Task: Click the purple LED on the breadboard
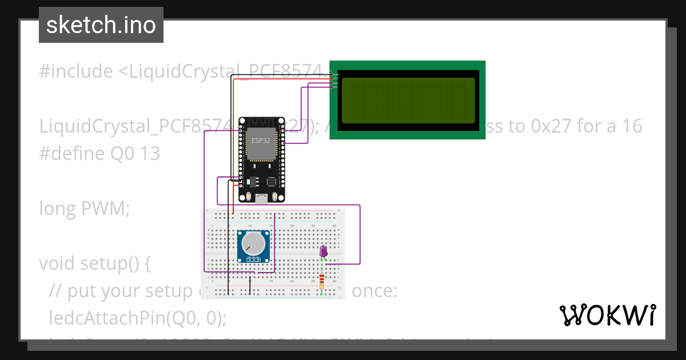coord(323,251)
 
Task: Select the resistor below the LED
coord(322,280)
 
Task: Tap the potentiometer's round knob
coord(253,244)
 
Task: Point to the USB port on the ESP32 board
coord(262,198)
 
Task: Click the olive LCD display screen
coord(408,100)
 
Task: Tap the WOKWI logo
coord(607,315)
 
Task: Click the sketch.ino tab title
coord(101,25)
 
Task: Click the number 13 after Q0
coord(150,154)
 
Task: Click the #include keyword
coord(76,71)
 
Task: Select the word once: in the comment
coord(374,291)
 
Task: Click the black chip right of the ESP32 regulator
coord(271,181)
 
